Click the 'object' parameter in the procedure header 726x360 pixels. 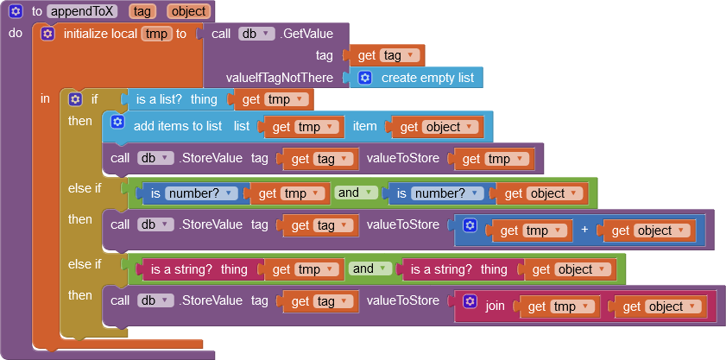(x=188, y=11)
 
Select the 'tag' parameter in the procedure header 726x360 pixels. (x=142, y=11)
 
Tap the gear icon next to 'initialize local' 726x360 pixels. (x=47, y=34)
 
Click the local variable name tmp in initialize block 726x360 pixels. (x=157, y=34)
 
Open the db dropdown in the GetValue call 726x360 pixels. (x=256, y=34)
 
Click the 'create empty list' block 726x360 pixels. (x=416, y=78)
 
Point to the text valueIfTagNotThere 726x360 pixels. (x=279, y=78)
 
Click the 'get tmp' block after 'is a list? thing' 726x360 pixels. (x=274, y=99)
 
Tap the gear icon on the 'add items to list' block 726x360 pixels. (x=117, y=122)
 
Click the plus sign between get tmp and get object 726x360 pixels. (x=584, y=231)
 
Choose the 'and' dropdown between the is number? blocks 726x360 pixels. (x=356, y=193)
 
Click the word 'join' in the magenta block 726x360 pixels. (x=495, y=306)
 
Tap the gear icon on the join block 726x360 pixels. (x=470, y=301)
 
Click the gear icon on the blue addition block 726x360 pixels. (x=470, y=225)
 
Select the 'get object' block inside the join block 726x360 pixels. (x=659, y=306)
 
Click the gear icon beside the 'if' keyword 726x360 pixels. (x=75, y=99)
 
